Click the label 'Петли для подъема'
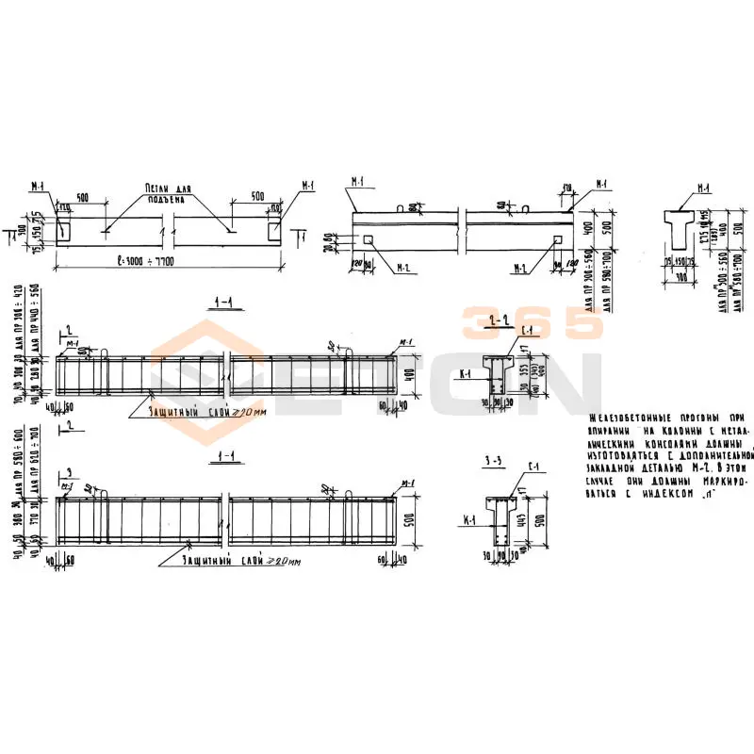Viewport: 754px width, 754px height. (x=168, y=192)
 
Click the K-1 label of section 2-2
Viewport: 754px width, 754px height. (x=463, y=374)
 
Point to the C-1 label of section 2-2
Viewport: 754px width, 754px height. (x=528, y=328)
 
